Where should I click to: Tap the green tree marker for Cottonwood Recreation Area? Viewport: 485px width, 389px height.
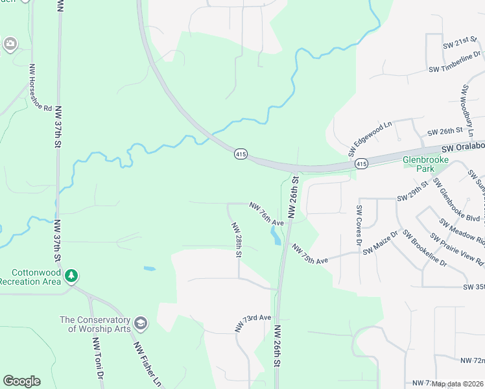pyautogui.click(x=71, y=277)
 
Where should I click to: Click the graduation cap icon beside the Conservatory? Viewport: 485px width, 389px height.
pyautogui.click(x=141, y=324)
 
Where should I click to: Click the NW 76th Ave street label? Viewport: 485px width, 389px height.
pyautogui.click(x=266, y=214)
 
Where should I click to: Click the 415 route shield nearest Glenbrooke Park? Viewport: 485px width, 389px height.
pyautogui.click(x=361, y=165)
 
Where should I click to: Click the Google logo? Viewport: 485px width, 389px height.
pyautogui.click(x=21, y=381)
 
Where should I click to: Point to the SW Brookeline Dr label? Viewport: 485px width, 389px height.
pyautogui.click(x=424, y=248)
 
